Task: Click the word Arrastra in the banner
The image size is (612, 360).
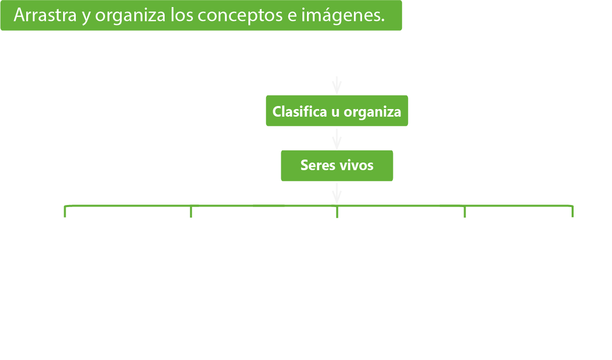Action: click(x=44, y=16)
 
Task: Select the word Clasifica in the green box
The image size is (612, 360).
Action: click(x=299, y=111)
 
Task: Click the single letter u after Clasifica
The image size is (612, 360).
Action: click(x=335, y=112)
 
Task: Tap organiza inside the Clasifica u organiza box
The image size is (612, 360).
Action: click(x=372, y=112)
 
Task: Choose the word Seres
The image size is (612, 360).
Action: click(x=315, y=165)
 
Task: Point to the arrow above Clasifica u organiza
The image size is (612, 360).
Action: click(x=337, y=85)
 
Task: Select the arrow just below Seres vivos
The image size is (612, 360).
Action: click(x=337, y=193)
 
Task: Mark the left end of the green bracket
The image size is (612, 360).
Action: click(x=66, y=211)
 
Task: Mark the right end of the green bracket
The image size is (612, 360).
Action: click(x=572, y=211)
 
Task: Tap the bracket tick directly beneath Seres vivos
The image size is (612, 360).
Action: click(x=337, y=212)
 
